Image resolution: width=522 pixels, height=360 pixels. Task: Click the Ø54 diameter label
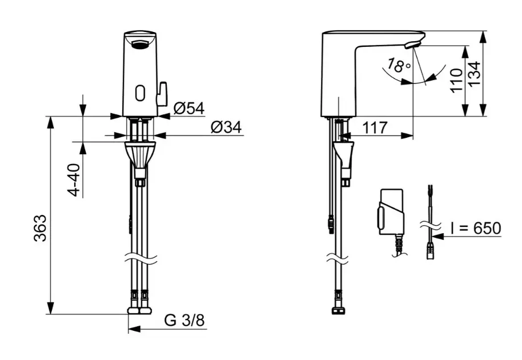tap(189, 108)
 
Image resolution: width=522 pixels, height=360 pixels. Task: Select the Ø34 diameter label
tap(226, 127)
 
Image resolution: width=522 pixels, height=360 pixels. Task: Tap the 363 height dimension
tap(40, 228)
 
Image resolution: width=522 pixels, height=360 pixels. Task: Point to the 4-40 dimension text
tap(74, 180)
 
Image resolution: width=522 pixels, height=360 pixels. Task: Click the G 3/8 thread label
tap(184, 321)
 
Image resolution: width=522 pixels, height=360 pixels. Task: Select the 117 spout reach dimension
tap(375, 127)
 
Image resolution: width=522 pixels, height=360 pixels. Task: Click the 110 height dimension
tap(456, 80)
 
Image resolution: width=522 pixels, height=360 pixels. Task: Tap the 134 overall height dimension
tap(475, 74)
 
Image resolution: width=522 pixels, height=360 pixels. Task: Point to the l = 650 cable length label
tap(476, 229)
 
